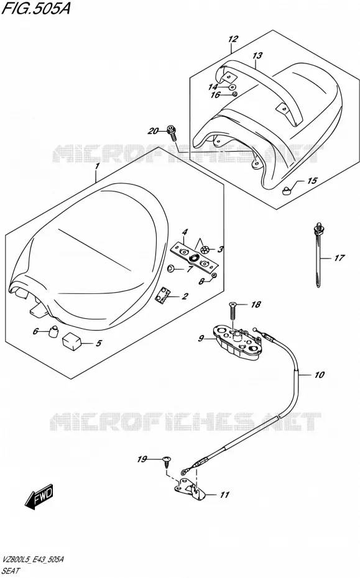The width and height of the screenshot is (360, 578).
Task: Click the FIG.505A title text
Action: (36, 9)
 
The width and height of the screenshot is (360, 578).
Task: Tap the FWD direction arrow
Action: (39, 495)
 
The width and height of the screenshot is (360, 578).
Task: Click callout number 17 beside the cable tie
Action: (339, 258)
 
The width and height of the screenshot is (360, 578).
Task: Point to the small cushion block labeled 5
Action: (72, 342)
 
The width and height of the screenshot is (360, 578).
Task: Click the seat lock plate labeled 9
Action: (238, 340)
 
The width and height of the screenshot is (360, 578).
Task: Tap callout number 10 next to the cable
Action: (319, 375)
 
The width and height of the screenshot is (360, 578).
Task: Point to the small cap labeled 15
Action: (287, 190)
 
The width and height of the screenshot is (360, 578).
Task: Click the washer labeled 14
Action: (232, 87)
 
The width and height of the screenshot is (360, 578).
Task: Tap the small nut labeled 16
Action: (234, 94)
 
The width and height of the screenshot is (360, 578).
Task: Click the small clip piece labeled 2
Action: (163, 295)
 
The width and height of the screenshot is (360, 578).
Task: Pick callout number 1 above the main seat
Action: (97, 166)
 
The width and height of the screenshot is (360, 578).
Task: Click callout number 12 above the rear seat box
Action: (233, 39)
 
